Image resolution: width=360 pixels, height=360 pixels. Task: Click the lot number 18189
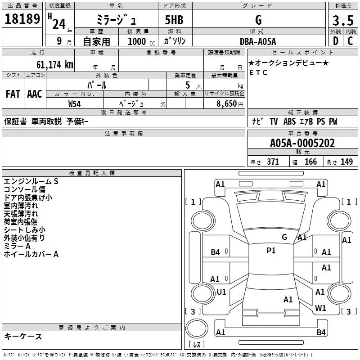(x=22, y=18)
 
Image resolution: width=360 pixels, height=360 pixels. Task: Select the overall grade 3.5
(x=343, y=20)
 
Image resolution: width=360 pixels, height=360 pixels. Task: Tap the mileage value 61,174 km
(x=55, y=64)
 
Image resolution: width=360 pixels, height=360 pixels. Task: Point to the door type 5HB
(x=174, y=20)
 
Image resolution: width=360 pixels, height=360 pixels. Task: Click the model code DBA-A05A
(x=258, y=41)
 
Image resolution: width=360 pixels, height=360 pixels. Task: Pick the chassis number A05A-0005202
(x=302, y=143)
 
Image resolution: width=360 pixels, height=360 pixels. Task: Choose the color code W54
(x=74, y=104)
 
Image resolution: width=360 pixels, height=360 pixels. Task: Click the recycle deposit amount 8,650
(x=226, y=104)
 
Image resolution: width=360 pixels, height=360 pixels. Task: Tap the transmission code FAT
(x=13, y=94)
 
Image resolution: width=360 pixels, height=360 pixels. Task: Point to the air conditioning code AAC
(x=35, y=94)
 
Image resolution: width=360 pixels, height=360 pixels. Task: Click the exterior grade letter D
(x=336, y=41)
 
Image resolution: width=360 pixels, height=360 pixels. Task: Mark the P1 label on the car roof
(x=271, y=251)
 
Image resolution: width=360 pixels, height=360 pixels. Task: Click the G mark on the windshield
(x=284, y=237)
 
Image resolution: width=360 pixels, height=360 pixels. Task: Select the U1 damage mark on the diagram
(x=221, y=292)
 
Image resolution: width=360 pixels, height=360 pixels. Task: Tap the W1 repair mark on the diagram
(x=320, y=308)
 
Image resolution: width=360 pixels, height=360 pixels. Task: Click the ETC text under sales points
(x=258, y=72)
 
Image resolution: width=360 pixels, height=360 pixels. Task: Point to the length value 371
(x=273, y=162)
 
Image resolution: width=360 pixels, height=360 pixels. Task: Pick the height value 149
(x=346, y=162)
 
